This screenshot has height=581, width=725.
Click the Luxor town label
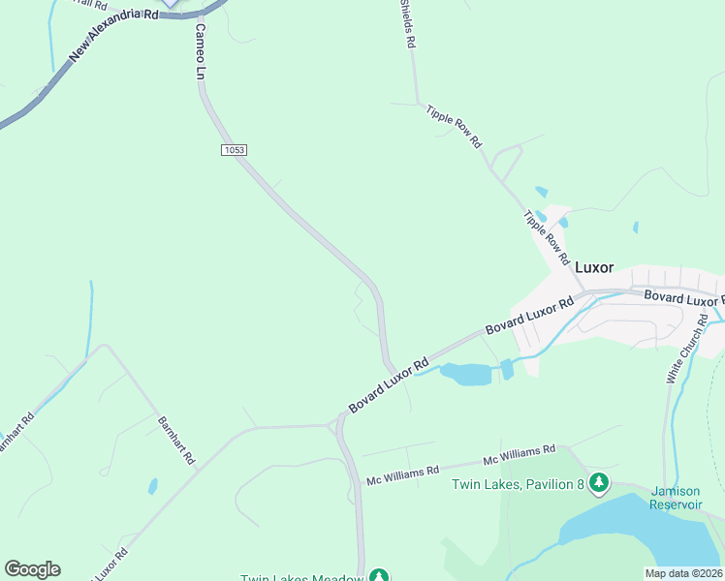[596, 267]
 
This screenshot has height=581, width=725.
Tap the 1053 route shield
[234, 150]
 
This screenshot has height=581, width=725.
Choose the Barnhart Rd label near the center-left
[176, 441]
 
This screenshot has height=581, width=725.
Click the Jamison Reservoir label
[676, 498]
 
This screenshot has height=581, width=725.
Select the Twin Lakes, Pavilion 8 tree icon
[600, 481]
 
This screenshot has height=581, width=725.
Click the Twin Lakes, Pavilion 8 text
[517, 484]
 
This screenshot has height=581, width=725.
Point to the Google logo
[32, 569]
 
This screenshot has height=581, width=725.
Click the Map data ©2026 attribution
[683, 573]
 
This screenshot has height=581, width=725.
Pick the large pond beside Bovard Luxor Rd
[466, 374]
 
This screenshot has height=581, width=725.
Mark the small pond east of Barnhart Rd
[152, 486]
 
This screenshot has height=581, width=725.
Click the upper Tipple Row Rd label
[454, 126]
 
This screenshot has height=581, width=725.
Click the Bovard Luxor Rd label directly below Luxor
[529, 316]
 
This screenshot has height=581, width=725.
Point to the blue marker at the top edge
[171, 3]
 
